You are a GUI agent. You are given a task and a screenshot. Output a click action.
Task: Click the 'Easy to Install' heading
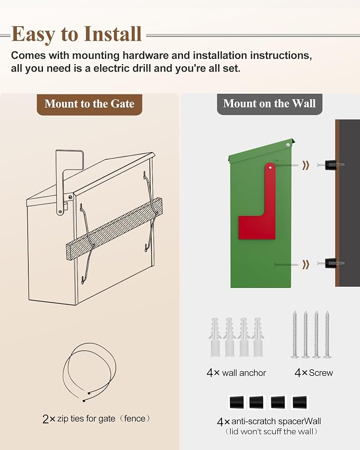[76, 34]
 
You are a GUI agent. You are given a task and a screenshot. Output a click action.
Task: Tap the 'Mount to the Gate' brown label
[89, 104]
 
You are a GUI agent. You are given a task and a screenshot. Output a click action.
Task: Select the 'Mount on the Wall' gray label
[269, 103]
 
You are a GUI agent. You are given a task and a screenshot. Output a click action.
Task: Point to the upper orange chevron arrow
[306, 165]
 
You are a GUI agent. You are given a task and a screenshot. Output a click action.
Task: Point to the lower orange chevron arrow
[306, 264]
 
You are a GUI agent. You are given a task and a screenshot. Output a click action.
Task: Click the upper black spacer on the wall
[331, 165]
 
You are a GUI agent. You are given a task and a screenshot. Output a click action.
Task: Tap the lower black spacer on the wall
[331, 263]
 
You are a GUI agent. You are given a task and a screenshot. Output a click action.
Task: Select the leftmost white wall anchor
[215, 337]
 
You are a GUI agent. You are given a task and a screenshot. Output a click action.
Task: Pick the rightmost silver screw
[327, 334]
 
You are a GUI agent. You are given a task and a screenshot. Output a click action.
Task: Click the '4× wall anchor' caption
[236, 373]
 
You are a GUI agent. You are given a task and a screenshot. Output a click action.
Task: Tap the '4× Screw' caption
[313, 373]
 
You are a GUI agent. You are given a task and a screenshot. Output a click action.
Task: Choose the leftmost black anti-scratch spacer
[236, 402]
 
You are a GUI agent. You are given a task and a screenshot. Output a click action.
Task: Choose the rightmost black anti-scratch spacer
[300, 402]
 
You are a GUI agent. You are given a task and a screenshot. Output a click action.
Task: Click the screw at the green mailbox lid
[288, 145]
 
